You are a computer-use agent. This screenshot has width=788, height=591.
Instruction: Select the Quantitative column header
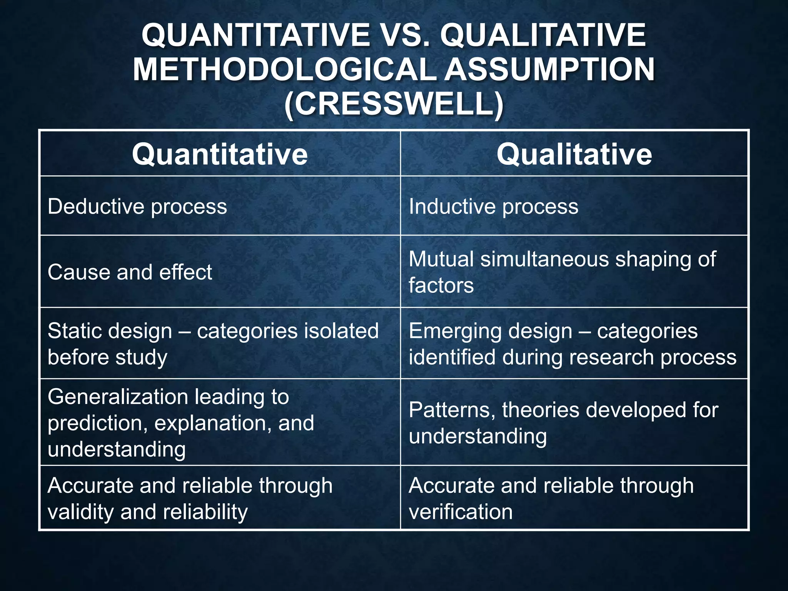[220, 154]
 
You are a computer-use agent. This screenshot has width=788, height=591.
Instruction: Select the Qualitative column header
[574, 154]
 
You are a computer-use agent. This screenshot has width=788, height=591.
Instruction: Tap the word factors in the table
[441, 285]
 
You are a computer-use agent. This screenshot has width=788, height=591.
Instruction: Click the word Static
[71, 331]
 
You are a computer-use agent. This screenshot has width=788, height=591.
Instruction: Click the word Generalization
[117, 397]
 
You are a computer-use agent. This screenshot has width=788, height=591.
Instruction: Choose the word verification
[461, 512]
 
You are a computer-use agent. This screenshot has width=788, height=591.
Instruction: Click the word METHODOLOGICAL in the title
[284, 69]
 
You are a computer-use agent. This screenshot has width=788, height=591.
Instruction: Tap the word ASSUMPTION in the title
[549, 69]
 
